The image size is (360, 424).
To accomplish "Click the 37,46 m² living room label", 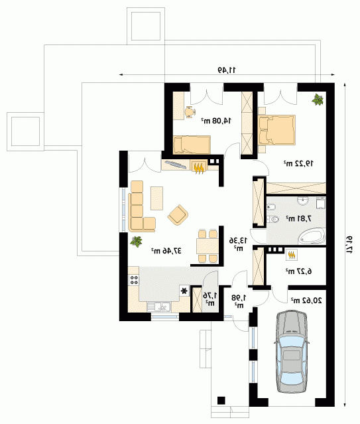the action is (166, 251).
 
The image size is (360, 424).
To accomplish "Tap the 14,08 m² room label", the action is (216, 121).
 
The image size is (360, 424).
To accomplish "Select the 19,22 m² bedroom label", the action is (298, 163).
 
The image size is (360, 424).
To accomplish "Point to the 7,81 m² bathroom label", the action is (298, 218).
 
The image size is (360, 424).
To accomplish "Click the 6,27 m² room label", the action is (298, 271).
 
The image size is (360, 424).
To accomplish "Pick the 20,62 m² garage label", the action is (306, 300).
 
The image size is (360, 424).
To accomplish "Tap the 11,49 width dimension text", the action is (227, 70).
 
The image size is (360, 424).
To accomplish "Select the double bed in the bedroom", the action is (276, 130).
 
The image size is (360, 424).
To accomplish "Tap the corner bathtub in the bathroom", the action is (312, 236).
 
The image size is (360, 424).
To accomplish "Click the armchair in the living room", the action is (178, 215).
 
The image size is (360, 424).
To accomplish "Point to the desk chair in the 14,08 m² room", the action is (190, 112).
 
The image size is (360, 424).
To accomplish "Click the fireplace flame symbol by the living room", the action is (199, 168).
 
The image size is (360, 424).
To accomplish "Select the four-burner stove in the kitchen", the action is (133, 280).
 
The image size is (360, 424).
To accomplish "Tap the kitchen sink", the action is (158, 307).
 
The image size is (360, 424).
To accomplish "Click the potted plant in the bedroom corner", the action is (318, 100).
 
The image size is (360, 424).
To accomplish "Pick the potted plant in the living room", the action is (137, 242).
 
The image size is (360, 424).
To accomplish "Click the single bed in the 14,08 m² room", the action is (192, 145).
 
